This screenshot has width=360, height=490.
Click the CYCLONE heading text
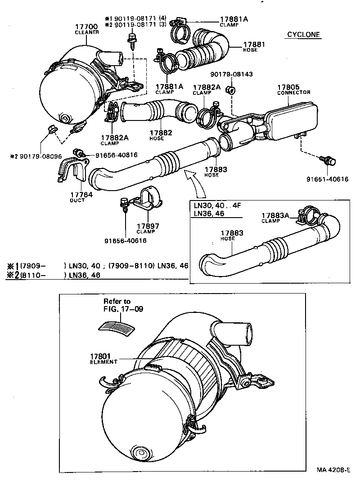tap(303, 35)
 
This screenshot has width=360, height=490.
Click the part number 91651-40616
tap(327, 179)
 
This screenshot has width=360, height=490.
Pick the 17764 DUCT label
tap(81, 197)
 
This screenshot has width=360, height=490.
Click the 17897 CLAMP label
tap(148, 228)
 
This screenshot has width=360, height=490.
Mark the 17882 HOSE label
tap(158, 135)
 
